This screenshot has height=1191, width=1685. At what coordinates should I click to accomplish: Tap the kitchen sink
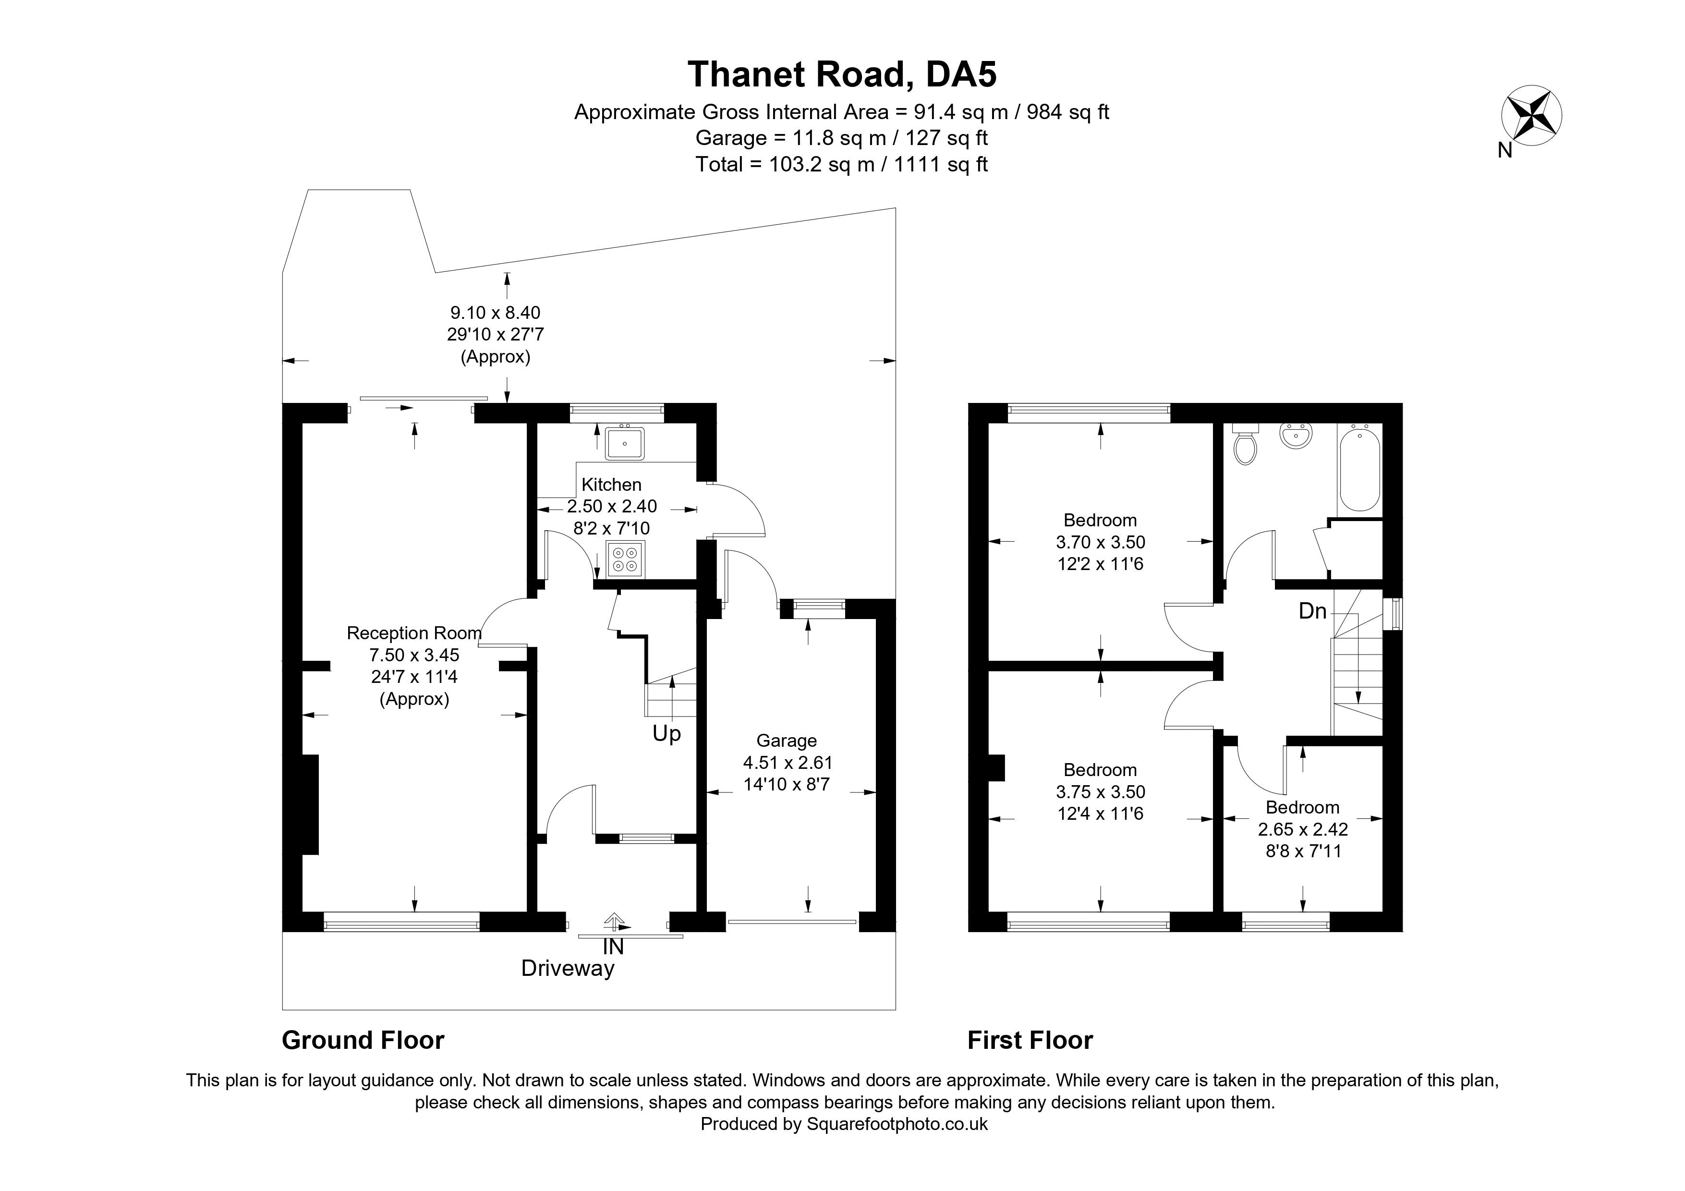[625, 442]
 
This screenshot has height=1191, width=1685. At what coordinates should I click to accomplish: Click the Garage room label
[786, 741]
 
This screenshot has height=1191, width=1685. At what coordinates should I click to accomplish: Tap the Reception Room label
[414, 632]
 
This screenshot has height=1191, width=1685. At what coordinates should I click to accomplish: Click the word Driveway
[567, 969]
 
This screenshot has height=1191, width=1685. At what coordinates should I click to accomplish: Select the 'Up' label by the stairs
[667, 734]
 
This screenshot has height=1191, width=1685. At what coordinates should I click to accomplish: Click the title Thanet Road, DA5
[842, 74]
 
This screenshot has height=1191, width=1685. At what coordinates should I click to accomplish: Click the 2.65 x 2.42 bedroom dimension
[1303, 829]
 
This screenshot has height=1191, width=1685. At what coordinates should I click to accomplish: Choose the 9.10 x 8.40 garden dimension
[496, 313]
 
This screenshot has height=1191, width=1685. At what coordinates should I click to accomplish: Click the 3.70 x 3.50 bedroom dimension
[1100, 542]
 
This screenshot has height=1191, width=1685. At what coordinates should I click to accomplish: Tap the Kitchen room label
[611, 485]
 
